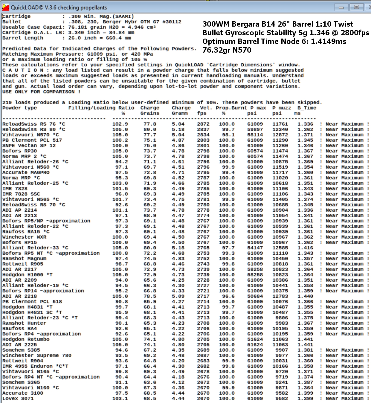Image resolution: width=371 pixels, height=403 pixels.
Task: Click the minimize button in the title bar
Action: coord(341,7)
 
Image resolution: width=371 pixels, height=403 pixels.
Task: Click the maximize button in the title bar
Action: coord(356,7)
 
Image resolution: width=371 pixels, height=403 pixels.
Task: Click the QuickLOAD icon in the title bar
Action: coord(5,7)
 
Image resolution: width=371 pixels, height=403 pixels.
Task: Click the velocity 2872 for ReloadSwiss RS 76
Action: coord(203,124)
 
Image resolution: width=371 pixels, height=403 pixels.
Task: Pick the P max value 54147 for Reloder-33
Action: coord(255,248)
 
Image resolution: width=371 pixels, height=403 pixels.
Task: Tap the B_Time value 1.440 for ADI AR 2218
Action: coord(305,296)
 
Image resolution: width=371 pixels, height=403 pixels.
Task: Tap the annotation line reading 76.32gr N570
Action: coord(227,50)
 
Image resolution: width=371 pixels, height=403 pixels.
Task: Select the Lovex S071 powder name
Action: coord(18,399)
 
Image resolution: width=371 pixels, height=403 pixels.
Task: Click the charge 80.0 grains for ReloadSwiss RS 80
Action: coord(149,129)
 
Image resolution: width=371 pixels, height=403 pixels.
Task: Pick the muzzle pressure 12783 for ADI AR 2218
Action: coord(280,296)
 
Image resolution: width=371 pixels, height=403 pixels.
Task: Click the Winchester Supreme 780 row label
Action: coord(37,355)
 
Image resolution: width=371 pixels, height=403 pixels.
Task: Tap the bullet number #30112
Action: coord(172,22)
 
